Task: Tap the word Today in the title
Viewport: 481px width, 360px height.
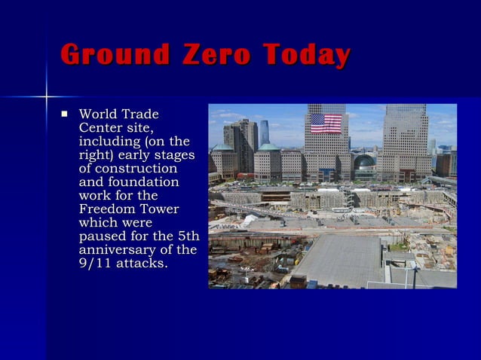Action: click(306, 56)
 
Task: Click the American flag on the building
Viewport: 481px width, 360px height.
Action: click(326, 123)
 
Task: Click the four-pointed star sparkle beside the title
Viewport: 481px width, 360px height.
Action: click(47, 97)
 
